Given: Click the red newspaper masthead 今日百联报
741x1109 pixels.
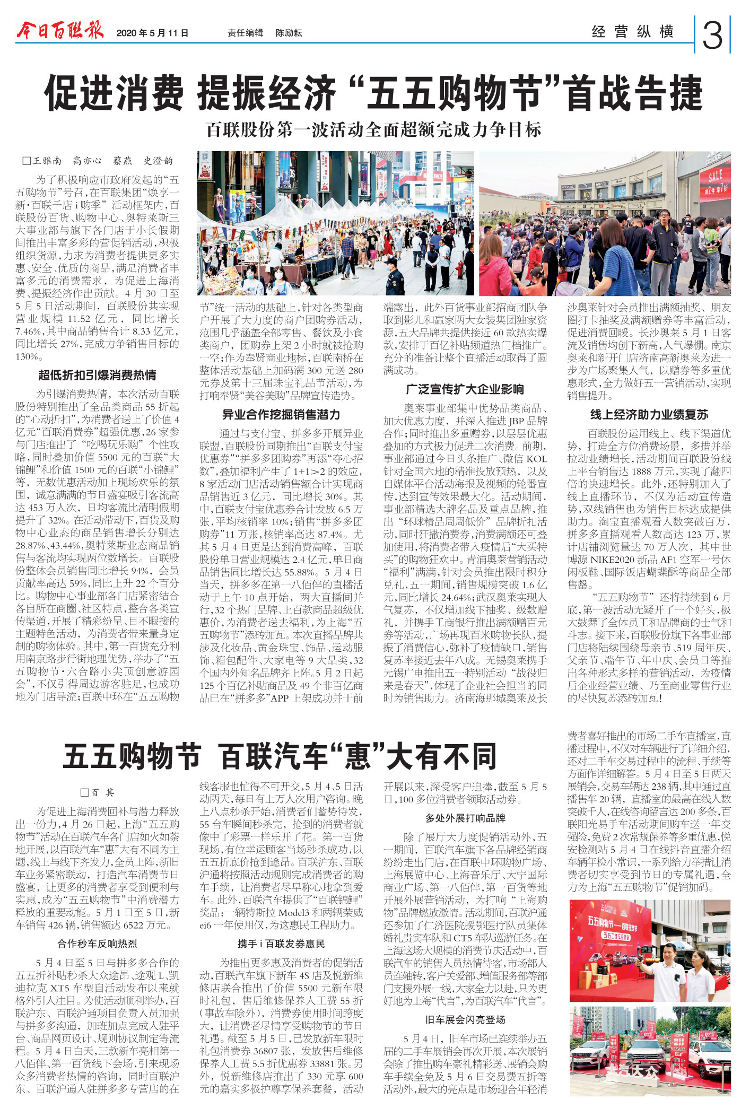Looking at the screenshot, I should [60, 32].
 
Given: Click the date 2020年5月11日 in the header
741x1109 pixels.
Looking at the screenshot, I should [152, 33].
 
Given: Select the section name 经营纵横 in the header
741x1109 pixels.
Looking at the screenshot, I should [633, 32].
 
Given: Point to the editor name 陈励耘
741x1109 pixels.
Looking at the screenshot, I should [289, 33].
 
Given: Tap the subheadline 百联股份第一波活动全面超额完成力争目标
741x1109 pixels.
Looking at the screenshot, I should [373, 129].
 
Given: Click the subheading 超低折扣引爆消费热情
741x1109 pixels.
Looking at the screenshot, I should [97, 376].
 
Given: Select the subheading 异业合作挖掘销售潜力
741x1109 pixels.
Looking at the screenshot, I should [281, 415].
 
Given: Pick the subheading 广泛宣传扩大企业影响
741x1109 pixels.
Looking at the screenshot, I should [465, 389].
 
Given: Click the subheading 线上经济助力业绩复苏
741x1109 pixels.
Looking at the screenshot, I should [649, 415].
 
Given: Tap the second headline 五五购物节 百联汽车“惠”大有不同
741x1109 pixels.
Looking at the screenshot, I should [280, 756].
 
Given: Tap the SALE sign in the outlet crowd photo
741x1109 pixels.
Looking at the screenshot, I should [715, 178].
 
